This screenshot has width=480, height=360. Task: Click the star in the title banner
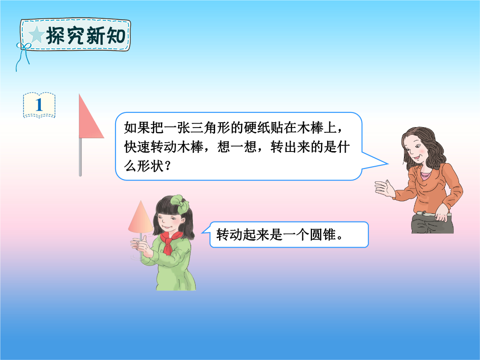pos(36,35)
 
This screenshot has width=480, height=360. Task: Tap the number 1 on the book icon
pos(39,105)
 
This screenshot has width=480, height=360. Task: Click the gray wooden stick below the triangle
pos(80,157)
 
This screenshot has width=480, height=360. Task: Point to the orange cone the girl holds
pos(140,217)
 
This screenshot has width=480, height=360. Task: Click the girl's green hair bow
pos(180,204)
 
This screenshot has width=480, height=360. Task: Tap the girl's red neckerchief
pos(170,242)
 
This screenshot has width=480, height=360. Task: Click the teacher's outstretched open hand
pos(385,188)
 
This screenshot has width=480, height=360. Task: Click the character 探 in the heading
pos(56,36)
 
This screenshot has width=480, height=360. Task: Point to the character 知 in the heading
pos(116,36)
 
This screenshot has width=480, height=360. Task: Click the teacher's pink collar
pos(426,175)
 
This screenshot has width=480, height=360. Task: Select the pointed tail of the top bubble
pos(388,164)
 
